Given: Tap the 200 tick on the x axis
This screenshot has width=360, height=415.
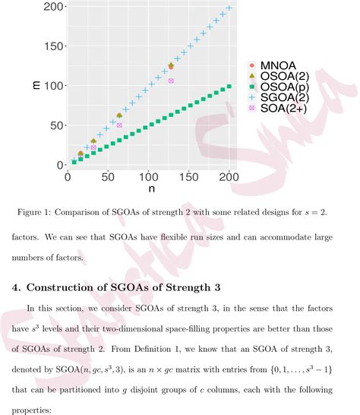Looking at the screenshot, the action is point(228,176).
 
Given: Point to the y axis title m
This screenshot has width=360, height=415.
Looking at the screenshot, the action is point(36,85).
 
